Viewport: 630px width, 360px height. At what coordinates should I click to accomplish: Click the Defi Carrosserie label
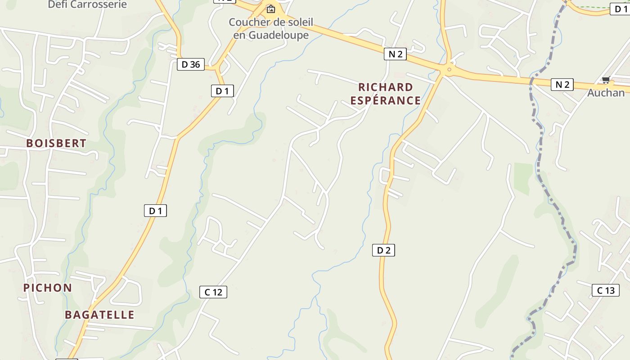tap(87, 4)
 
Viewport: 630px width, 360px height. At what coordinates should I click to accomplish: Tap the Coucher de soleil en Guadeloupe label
tap(271, 28)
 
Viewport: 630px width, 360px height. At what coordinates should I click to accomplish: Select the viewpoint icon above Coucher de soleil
tap(270, 9)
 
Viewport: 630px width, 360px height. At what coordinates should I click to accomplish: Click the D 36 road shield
tap(190, 64)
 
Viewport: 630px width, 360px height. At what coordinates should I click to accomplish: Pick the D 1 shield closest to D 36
tap(222, 91)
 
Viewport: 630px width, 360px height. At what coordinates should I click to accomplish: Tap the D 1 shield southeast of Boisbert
tap(155, 210)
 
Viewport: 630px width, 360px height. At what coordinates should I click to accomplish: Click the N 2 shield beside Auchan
tap(562, 84)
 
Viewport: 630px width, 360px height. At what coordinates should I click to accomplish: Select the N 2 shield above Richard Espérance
tap(395, 54)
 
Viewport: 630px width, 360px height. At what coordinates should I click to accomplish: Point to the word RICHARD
tap(386, 87)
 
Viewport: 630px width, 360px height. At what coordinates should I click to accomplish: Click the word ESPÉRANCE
tap(386, 100)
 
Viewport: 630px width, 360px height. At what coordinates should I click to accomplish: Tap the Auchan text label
tap(606, 93)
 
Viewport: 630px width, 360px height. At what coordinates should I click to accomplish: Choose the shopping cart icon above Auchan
tap(606, 81)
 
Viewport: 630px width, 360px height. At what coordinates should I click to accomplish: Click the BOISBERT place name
tap(56, 143)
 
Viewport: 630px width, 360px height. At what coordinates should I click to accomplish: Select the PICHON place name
tap(48, 288)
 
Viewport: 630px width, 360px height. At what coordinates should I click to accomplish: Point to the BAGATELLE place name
tap(99, 315)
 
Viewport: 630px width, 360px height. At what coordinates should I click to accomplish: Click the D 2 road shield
tap(383, 250)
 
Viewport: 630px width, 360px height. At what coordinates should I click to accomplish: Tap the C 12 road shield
tap(213, 292)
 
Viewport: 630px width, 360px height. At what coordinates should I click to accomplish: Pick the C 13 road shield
tap(605, 290)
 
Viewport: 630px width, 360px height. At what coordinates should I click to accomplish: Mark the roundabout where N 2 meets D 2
tap(447, 70)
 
